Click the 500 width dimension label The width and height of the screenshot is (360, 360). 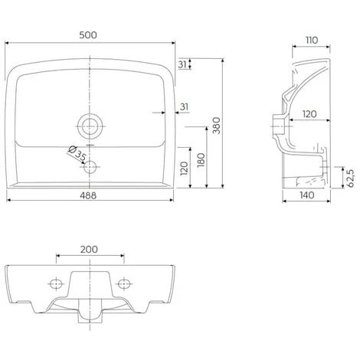point(90,35)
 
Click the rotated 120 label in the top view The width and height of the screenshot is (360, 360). point(184,168)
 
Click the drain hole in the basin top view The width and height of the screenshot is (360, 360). point(90,124)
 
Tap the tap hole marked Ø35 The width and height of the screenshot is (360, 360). point(90,166)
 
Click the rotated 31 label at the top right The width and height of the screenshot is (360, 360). point(181,64)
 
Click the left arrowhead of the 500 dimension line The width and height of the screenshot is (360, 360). point(9,44)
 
